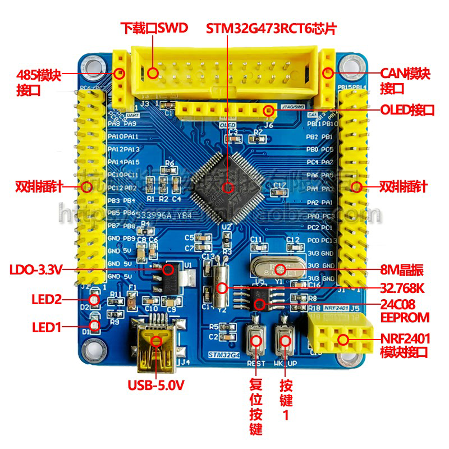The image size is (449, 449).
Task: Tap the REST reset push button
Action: pyautogui.click(x=256, y=340)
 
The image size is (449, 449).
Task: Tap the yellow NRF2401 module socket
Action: pyautogui.click(x=340, y=335)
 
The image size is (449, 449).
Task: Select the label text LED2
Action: pyautogui.click(x=46, y=300)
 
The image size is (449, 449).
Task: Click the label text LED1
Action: pyautogui.click(x=46, y=326)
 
